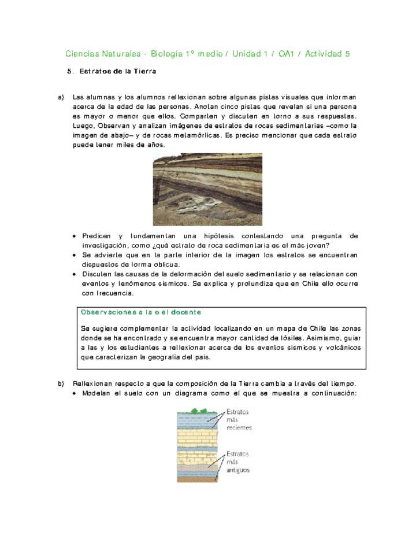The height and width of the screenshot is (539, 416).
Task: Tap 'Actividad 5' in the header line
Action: pyautogui.click(x=327, y=54)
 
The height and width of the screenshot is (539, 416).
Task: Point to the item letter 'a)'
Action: pyautogui.click(x=61, y=97)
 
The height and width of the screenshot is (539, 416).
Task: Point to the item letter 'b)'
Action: pyautogui.click(x=61, y=383)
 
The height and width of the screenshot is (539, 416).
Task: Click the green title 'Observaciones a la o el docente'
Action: pyautogui.click(x=141, y=312)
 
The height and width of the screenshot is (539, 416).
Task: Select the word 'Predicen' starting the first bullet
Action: pyautogui.click(x=98, y=236)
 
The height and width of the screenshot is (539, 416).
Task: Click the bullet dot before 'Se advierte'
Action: pyautogui.click(x=76, y=254)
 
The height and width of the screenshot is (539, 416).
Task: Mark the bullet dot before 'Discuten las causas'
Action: pyautogui.click(x=76, y=274)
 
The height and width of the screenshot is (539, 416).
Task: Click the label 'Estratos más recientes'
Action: pyautogui.click(x=239, y=420)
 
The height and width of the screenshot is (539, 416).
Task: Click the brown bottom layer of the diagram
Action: pyautogui.click(x=197, y=479)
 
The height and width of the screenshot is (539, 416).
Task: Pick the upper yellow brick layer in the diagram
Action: pyautogui.click(x=197, y=434)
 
